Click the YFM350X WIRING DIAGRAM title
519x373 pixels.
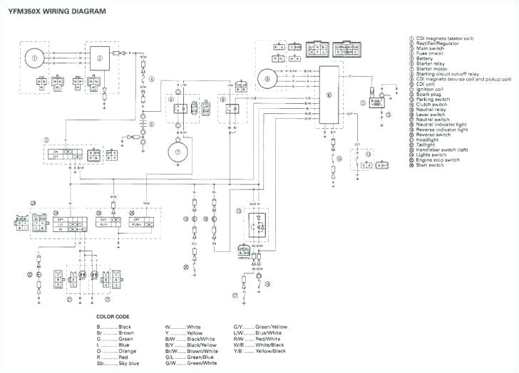pos(47,12)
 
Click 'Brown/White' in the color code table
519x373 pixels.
pos(200,350)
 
